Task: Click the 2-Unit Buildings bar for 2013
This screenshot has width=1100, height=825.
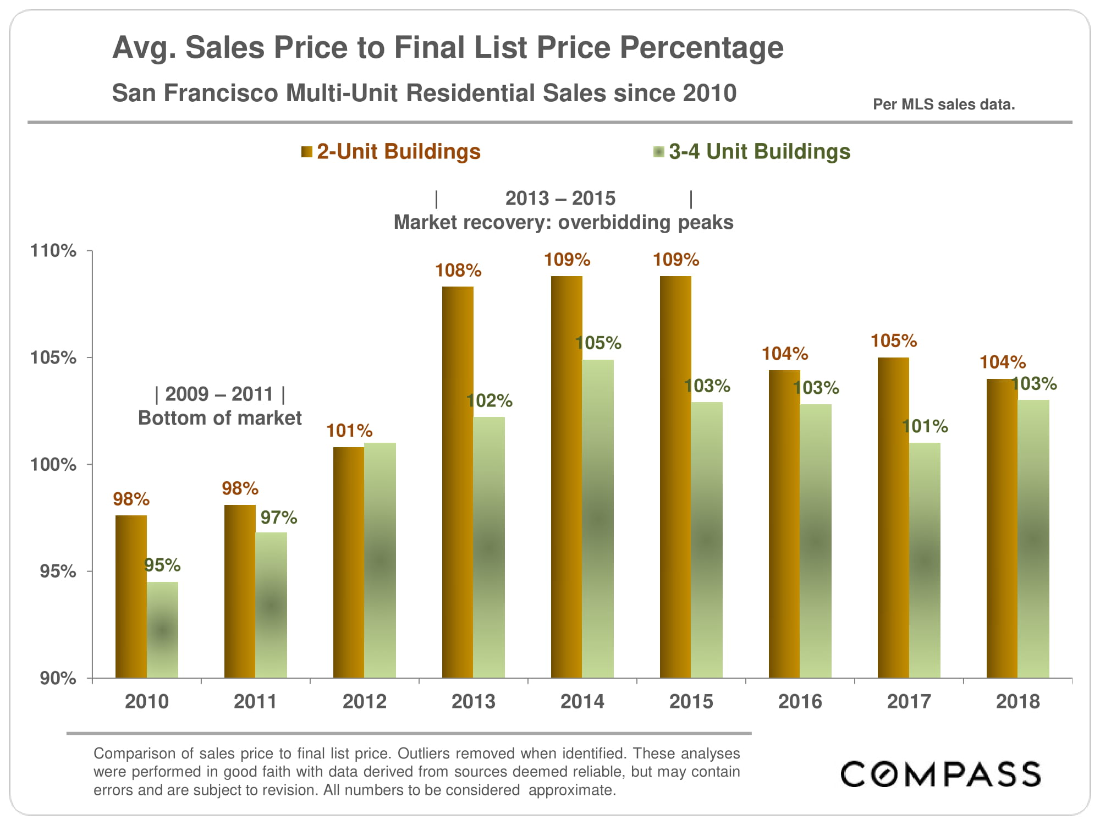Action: [458, 482]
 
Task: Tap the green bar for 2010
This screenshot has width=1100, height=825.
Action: [162, 629]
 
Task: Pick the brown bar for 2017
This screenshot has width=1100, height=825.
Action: [893, 517]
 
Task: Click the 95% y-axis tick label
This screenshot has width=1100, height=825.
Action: [58, 571]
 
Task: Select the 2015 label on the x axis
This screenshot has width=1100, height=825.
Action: [691, 701]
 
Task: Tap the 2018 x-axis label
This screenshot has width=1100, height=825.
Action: [1018, 701]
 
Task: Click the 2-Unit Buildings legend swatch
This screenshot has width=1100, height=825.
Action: [306, 152]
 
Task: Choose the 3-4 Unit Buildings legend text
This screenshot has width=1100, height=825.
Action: [759, 152]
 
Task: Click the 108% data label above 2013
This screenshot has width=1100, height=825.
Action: [458, 271]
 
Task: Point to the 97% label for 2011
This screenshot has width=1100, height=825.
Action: [278, 518]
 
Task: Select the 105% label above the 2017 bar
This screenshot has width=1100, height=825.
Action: [894, 341]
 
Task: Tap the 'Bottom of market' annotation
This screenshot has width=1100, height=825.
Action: [219, 418]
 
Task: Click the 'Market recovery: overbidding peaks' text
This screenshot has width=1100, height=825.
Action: [563, 222]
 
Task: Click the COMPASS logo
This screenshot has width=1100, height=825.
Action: [940, 774]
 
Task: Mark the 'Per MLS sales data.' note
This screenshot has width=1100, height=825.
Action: [944, 105]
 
